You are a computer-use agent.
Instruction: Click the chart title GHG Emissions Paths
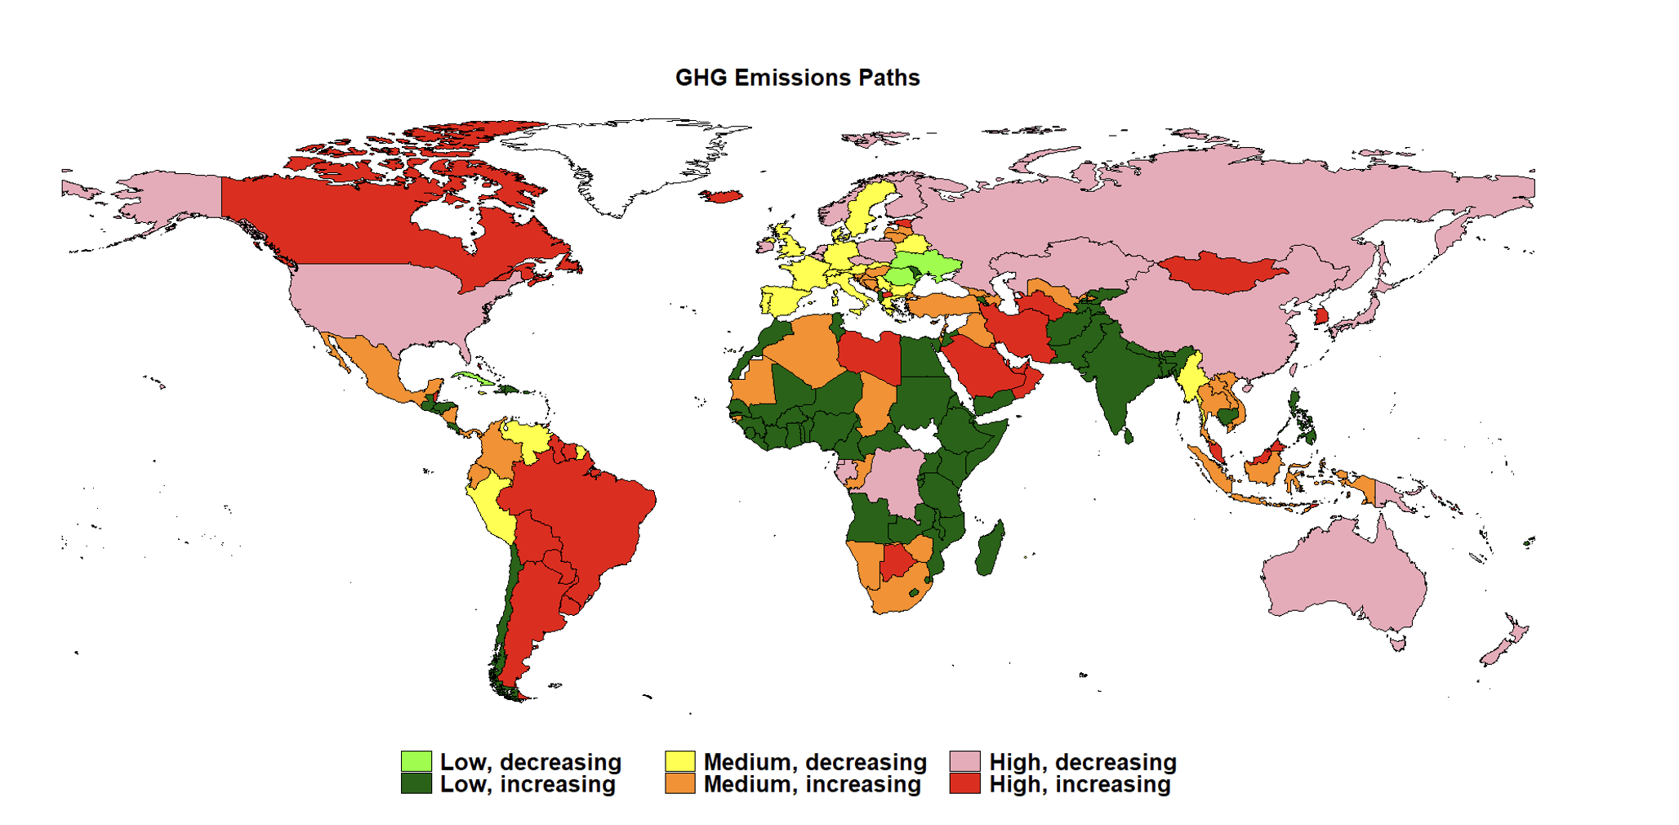pos(797,78)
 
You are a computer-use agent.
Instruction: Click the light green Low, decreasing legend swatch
pos(416,761)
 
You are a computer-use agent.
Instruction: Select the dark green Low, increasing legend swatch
pos(416,783)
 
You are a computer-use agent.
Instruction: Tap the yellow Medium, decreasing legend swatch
pos(679,761)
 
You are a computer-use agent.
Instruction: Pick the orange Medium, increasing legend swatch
pos(679,783)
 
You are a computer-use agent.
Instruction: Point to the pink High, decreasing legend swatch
pos(965,761)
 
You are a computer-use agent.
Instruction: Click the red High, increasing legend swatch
pos(965,783)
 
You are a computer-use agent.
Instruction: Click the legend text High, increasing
pos(1080,784)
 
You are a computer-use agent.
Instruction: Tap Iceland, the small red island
pos(722,196)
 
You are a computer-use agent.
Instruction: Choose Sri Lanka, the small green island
pos(1129,437)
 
